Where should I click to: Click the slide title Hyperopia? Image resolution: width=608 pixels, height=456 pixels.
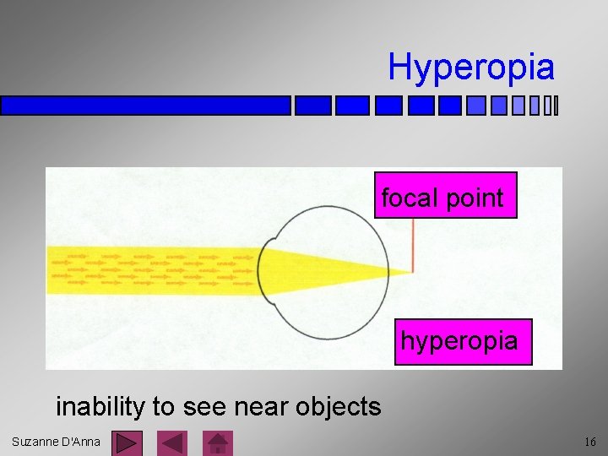coord(471,67)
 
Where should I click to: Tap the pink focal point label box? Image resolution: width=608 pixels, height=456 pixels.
coord(445,198)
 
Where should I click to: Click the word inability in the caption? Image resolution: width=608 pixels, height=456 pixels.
coord(100,406)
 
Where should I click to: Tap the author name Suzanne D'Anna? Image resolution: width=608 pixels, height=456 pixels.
coord(56,442)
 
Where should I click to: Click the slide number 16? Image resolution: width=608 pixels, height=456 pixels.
coord(589,442)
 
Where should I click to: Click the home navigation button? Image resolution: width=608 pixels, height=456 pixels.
coord(220,442)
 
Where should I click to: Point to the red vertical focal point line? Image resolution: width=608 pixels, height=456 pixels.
coord(413,245)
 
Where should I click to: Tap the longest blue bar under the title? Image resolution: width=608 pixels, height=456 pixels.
coord(145,106)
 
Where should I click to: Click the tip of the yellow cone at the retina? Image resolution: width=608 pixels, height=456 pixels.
coord(410,271)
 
